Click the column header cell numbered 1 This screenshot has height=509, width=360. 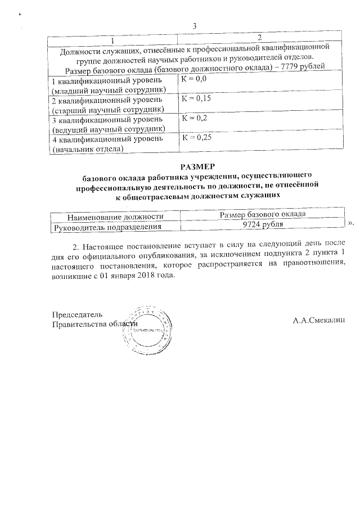click(x=112, y=38)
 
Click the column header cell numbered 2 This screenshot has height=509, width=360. click(x=259, y=38)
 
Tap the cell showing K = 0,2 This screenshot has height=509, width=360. click(x=194, y=119)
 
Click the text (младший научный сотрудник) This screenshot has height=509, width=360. click(x=109, y=89)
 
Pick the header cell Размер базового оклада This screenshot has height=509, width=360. click(x=262, y=215)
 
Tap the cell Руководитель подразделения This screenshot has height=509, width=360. click(x=107, y=226)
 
